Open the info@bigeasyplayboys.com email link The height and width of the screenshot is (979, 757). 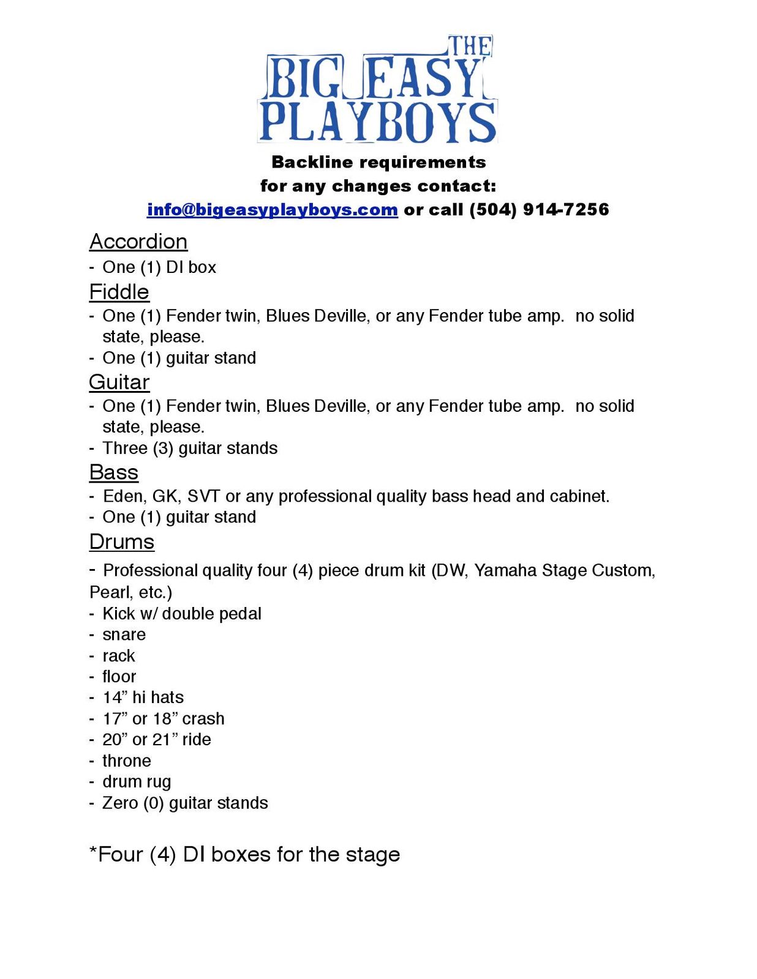pyautogui.click(x=272, y=209)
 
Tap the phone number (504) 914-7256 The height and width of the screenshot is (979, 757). pyautogui.click(x=539, y=209)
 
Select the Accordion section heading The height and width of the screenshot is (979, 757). pyautogui.click(x=138, y=242)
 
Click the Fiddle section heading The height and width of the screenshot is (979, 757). pyautogui.click(x=119, y=292)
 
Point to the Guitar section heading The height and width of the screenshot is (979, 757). pyautogui.click(x=119, y=382)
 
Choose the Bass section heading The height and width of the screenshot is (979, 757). pyautogui.click(x=113, y=472)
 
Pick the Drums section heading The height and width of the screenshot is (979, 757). pyautogui.click(x=121, y=542)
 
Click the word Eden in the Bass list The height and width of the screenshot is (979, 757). pyautogui.click(x=122, y=496)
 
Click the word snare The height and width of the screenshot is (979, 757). pyautogui.click(x=124, y=635)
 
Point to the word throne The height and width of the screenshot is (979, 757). pyautogui.click(x=126, y=761)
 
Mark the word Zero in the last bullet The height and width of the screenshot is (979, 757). pyautogui.click(x=120, y=803)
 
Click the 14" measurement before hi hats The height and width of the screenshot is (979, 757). pyautogui.click(x=114, y=698)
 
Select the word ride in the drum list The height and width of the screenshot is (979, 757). pyautogui.click(x=197, y=739)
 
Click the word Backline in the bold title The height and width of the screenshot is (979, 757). pyautogui.click(x=312, y=162)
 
